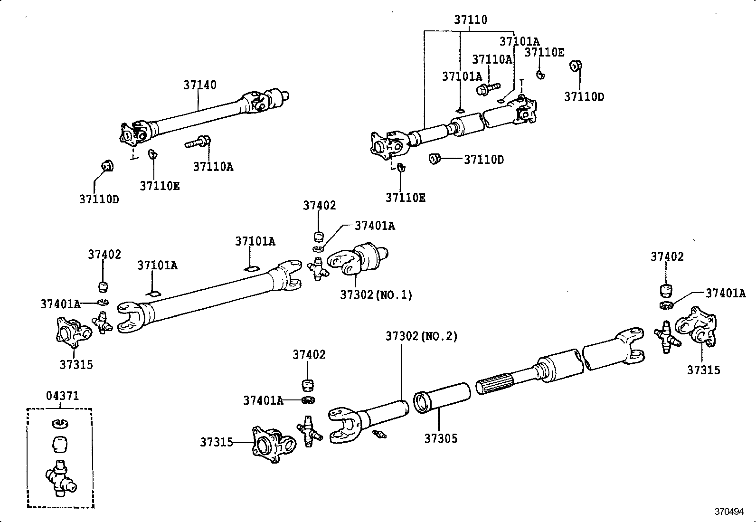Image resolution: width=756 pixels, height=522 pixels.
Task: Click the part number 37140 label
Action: click(x=200, y=85)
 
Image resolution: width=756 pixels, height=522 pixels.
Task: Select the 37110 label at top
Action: click(x=470, y=20)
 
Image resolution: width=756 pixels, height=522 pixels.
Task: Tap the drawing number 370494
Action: click(x=729, y=512)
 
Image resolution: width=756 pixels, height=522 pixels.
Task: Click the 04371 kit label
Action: click(x=62, y=396)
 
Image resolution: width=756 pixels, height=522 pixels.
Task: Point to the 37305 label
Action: click(x=441, y=438)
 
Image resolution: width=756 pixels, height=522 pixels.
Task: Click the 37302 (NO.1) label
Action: click(x=376, y=295)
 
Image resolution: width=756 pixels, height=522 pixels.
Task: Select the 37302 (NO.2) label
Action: click(x=421, y=336)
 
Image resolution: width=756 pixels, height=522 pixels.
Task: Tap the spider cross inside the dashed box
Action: click(x=60, y=479)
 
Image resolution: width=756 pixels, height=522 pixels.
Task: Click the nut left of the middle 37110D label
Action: click(x=434, y=159)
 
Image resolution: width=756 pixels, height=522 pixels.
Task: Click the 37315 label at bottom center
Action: click(x=216, y=442)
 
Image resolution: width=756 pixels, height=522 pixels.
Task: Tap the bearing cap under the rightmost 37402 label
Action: click(x=667, y=290)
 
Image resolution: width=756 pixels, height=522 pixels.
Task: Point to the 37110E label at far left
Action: click(x=160, y=186)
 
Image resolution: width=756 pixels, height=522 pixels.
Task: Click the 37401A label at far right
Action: click(x=725, y=293)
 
